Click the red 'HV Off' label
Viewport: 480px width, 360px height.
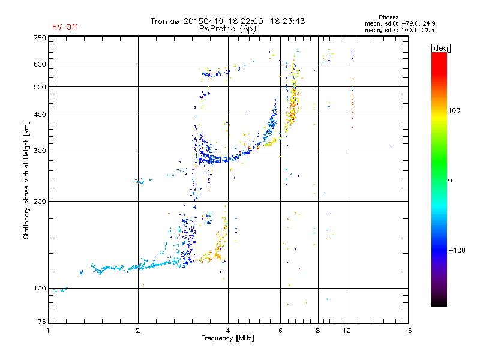pos(65,27)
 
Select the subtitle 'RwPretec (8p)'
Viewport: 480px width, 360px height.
pos(227,29)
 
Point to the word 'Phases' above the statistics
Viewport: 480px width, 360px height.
pos(388,17)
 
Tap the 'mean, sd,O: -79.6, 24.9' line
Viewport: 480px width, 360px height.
pos(400,23)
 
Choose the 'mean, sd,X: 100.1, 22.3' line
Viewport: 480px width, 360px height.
pos(399,30)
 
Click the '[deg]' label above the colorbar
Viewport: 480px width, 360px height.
pos(440,48)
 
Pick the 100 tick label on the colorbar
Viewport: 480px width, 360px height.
pos(454,110)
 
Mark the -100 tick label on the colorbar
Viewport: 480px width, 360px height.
pos(457,250)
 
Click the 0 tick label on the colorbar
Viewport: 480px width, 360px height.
pos(450,180)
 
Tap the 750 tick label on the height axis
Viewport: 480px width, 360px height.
pos(40,38)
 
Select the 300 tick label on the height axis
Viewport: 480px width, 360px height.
pos(40,151)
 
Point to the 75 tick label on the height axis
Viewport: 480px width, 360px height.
pos(41,322)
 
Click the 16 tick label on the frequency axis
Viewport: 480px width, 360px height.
pos(408,331)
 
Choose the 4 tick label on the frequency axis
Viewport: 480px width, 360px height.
pos(228,331)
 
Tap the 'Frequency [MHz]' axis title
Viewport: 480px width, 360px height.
pos(227,338)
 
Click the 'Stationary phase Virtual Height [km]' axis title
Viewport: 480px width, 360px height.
pos(26,181)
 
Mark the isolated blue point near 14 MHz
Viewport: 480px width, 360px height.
pos(391,146)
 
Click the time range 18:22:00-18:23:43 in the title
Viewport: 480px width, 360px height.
pos(266,21)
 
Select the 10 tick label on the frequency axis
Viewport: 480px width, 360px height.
pos(347,331)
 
